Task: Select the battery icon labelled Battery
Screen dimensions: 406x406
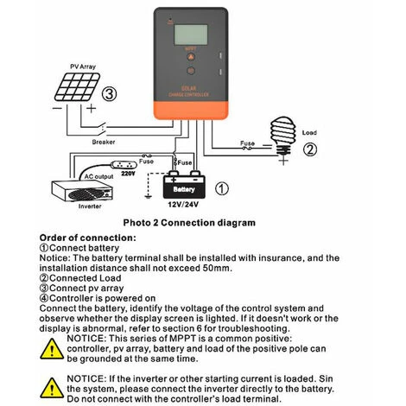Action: [x=184, y=186]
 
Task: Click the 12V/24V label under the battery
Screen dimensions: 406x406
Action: [x=186, y=206]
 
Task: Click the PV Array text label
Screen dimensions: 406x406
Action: [x=83, y=66]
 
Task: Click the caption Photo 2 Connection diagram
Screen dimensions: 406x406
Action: [x=189, y=223]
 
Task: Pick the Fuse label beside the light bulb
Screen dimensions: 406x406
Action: [x=246, y=143]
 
